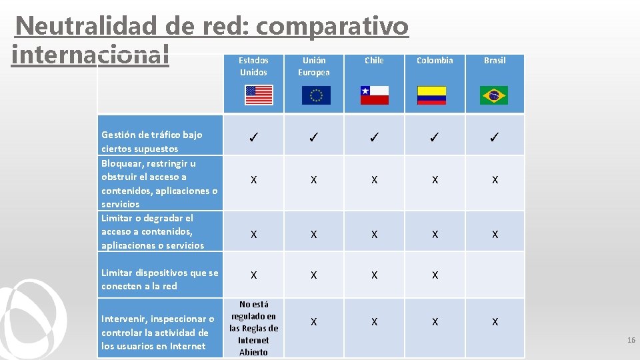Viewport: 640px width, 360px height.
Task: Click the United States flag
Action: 259,95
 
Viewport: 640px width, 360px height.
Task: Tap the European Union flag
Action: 316,95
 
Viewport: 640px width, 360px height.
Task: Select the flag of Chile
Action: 374,95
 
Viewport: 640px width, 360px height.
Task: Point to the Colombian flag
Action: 432,95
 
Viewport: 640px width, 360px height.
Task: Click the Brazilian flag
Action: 494,95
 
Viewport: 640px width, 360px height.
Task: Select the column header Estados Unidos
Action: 253,66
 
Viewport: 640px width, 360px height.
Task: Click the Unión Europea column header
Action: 313,66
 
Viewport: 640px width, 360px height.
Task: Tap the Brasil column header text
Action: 495,61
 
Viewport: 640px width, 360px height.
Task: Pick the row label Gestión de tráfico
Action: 152,141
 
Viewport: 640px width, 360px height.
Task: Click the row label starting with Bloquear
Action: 159,183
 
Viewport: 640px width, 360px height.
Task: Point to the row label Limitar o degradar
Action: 153,232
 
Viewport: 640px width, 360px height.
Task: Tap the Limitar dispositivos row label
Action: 160,279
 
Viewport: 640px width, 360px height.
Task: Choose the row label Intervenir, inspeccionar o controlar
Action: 158,332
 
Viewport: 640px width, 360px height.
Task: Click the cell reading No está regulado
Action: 253,328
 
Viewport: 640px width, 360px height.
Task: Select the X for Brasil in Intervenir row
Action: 495,322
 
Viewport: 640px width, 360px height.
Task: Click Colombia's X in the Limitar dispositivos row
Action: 435,275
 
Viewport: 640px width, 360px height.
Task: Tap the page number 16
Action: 631,340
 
